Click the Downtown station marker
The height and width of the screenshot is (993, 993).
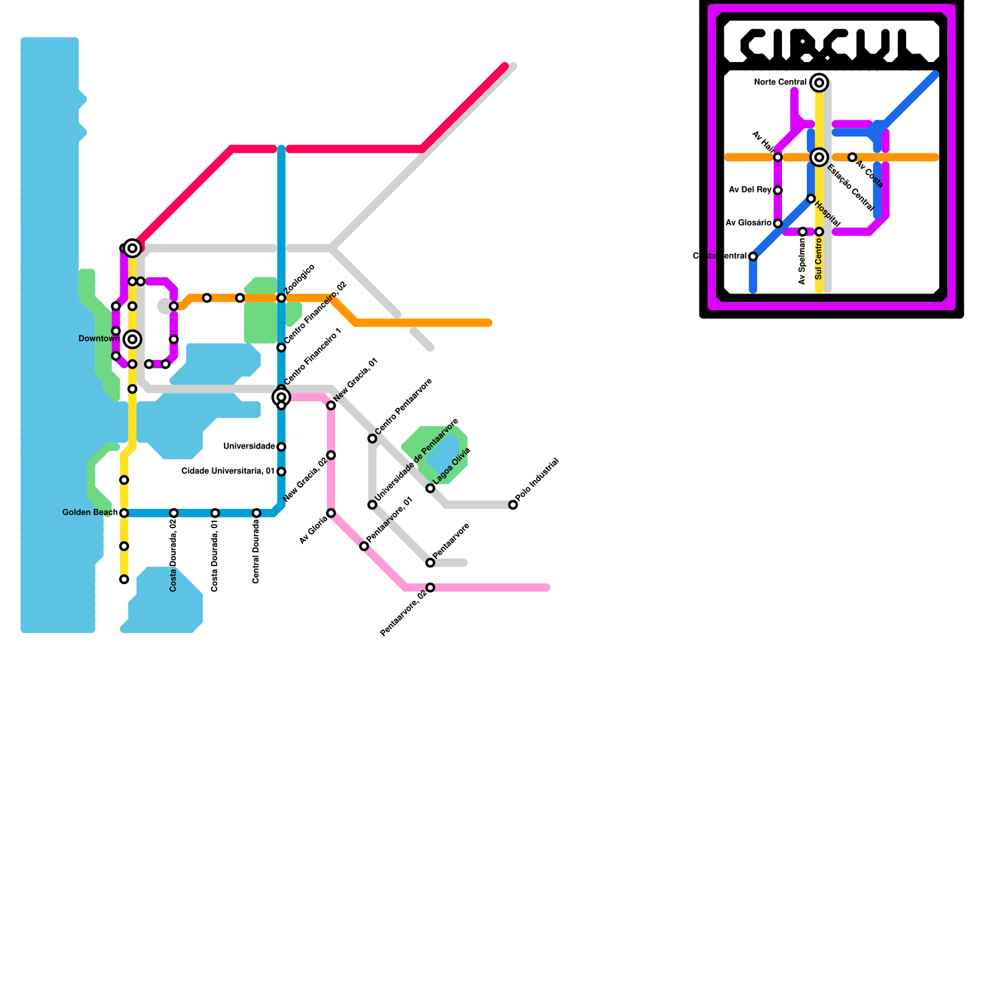(x=132, y=339)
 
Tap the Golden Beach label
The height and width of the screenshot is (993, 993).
(x=90, y=513)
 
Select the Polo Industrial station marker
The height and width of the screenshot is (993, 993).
(x=513, y=505)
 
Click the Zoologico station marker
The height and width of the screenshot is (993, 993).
(x=281, y=298)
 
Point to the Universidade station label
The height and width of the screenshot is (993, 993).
(x=249, y=446)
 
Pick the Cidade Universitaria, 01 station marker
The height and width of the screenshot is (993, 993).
(x=281, y=472)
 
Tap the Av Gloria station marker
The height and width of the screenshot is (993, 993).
(x=331, y=513)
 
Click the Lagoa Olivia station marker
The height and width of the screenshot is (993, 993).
(x=430, y=488)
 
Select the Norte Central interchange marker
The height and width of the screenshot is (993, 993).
(x=819, y=83)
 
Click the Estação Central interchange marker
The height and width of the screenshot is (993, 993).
(x=819, y=157)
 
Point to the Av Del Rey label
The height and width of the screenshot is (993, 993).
(x=750, y=190)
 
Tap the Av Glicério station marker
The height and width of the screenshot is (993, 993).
(x=778, y=223)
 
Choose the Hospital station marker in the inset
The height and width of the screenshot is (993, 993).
(x=811, y=199)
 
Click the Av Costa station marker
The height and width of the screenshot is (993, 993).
(x=852, y=158)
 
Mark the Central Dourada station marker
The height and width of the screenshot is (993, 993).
(x=256, y=513)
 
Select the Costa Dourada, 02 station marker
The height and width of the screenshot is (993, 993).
(x=174, y=513)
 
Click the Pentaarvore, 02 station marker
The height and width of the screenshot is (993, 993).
(x=430, y=587)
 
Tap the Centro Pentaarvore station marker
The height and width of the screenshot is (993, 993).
(x=372, y=439)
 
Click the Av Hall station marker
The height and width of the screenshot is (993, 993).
(x=778, y=158)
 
